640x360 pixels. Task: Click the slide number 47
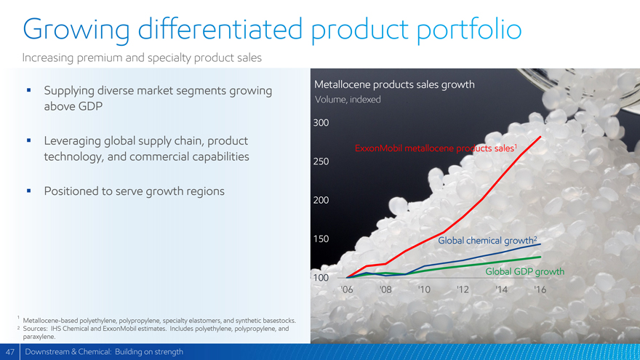click(x=9, y=352)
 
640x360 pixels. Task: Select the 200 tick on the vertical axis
click(x=321, y=200)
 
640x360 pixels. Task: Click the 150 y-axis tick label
click(x=321, y=239)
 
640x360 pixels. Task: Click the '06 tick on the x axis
click(x=347, y=289)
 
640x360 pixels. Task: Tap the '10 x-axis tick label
click(x=424, y=289)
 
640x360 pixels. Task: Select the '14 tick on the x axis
click(x=500, y=289)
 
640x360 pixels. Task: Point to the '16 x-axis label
click(x=539, y=289)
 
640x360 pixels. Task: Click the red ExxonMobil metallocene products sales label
click(x=435, y=149)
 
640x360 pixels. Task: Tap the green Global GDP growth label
click(x=524, y=272)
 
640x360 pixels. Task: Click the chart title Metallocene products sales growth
click(x=394, y=85)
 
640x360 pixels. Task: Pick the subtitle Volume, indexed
click(x=348, y=100)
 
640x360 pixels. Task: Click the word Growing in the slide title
click(x=76, y=30)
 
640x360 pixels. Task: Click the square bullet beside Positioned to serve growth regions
click(x=28, y=191)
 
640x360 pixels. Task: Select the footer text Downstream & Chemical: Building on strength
click(x=104, y=352)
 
